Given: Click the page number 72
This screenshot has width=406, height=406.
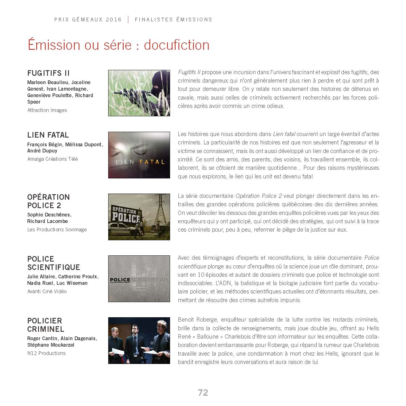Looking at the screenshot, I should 203,393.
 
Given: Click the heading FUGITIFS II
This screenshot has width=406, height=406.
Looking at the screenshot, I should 49,73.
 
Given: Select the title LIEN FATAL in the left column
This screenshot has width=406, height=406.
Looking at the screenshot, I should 48,135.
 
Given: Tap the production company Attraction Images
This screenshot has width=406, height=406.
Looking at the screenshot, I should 47,110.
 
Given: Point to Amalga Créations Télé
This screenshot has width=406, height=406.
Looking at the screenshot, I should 53,159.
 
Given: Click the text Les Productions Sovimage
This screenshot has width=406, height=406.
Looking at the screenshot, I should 57,229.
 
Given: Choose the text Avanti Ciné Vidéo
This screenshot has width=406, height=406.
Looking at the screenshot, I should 47,291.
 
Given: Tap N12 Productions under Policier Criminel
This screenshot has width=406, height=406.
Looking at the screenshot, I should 46,353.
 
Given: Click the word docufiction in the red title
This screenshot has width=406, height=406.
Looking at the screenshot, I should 177,45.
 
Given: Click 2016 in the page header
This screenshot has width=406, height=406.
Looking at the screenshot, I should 114,19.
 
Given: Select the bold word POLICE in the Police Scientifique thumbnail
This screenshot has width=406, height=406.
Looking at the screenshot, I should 120,280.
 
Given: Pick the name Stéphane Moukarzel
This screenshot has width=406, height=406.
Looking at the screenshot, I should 51,345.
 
